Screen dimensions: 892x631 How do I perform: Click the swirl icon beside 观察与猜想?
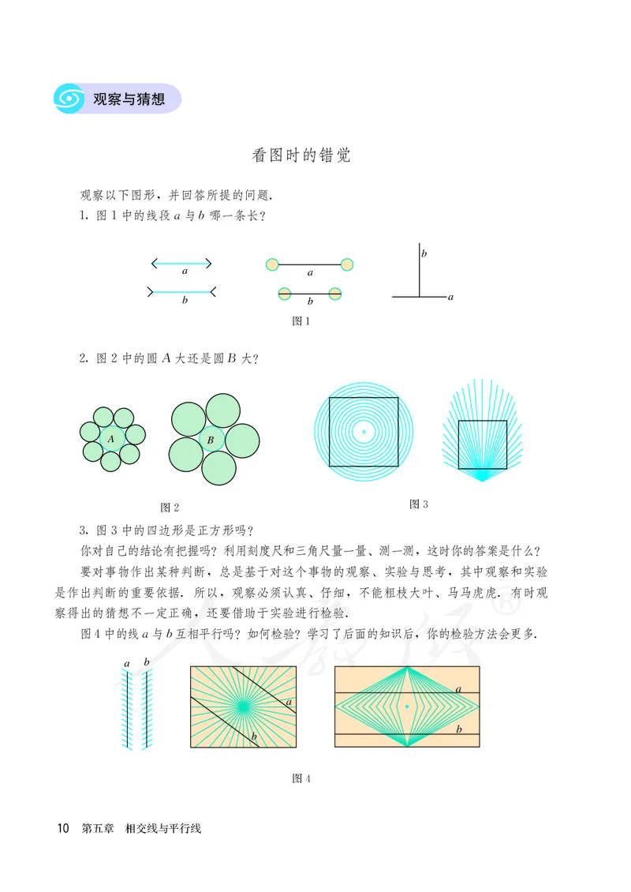click(69, 99)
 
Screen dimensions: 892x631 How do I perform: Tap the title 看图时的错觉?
click(301, 155)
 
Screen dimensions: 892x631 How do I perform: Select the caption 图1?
click(301, 321)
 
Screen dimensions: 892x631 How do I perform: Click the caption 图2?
click(170, 507)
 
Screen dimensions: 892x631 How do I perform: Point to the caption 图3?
click(419, 504)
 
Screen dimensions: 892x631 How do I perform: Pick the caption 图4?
click(301, 778)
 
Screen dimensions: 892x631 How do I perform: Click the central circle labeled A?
click(111, 439)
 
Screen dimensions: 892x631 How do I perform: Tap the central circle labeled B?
click(210, 440)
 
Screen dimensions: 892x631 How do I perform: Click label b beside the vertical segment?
click(424, 253)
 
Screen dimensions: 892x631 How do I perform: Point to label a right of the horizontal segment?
click(450, 298)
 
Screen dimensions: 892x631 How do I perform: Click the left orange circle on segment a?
click(272, 264)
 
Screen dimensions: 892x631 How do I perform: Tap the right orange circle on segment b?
click(335, 293)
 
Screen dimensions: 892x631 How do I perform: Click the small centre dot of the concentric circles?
click(364, 431)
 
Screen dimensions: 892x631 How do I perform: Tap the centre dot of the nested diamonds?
click(407, 706)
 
